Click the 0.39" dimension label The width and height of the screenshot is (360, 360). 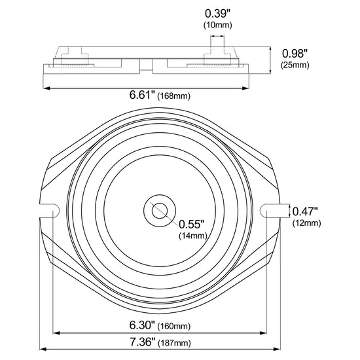point(217,14)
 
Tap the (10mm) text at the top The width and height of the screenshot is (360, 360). point(218,25)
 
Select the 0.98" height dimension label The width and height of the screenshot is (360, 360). point(295,54)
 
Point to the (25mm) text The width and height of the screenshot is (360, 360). point(295,65)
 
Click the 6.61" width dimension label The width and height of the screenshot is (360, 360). point(142,95)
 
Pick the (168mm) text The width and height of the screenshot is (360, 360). point(174,96)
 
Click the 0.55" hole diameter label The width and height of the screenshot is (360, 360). point(191,224)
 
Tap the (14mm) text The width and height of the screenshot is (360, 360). point(193,236)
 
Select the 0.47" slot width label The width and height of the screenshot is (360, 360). point(305,211)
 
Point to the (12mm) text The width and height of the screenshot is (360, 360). point(306,223)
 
